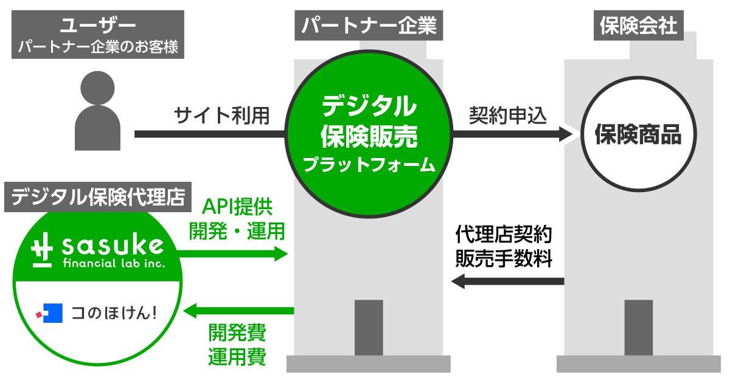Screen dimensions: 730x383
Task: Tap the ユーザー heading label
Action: [97, 26]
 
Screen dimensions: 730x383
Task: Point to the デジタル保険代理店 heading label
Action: [98, 198]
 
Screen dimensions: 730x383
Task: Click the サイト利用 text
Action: [221, 115]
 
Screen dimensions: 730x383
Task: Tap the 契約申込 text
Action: [509, 115]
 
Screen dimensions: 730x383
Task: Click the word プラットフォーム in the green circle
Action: [369, 164]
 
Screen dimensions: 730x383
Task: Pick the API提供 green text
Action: [237, 207]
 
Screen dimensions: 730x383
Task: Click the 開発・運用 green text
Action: [237, 231]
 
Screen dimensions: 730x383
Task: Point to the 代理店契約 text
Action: [504, 234]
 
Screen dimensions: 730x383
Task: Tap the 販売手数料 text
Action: [504, 259]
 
